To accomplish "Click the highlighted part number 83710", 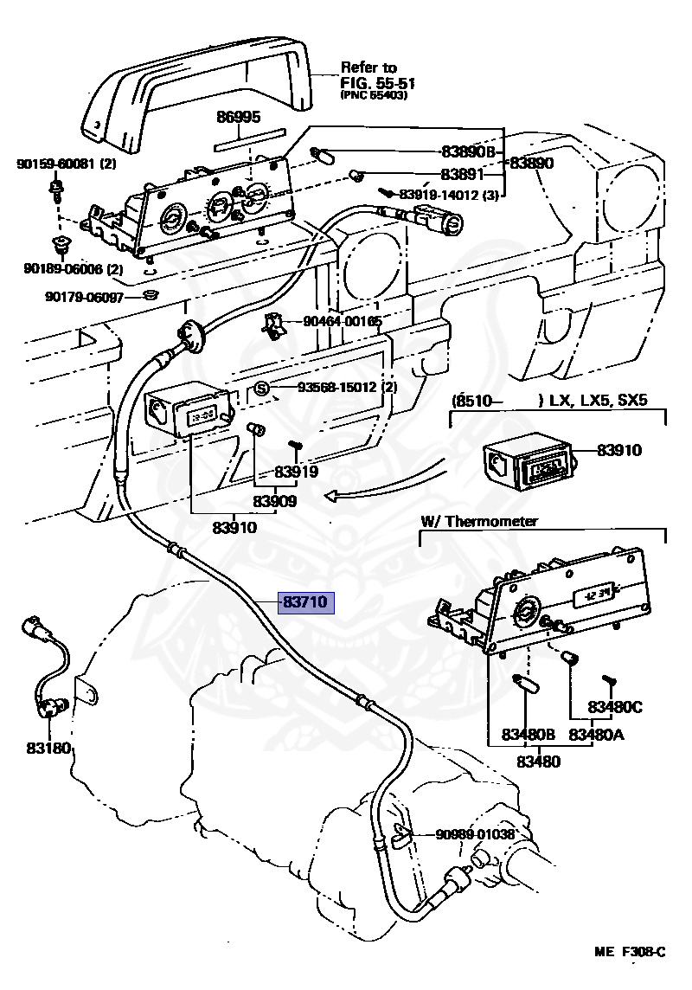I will [x=305, y=603].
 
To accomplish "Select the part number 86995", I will [x=238, y=118].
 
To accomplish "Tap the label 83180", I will [x=48, y=748].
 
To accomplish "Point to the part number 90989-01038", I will [x=475, y=834].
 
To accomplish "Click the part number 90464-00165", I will [x=343, y=322].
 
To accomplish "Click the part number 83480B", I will [x=527, y=735].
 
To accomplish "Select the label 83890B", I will [x=467, y=151].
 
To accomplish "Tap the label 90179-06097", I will [x=84, y=297].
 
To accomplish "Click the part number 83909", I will [x=275, y=501].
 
